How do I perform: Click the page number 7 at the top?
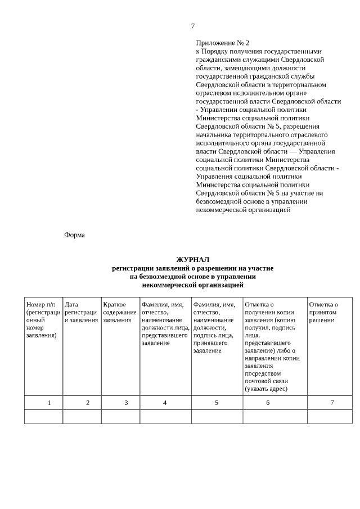point(192,26)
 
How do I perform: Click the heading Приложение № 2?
point(222,43)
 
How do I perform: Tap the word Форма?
point(74,235)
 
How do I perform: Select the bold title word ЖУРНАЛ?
point(192,260)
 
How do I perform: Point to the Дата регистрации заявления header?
point(82,312)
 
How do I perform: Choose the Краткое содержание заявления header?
point(120,312)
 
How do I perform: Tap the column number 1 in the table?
point(49,403)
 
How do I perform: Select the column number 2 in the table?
point(87,403)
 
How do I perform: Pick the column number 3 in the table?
point(126,403)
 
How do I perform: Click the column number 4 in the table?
point(165,403)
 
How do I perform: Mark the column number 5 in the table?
point(217,403)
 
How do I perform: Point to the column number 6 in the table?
point(268,403)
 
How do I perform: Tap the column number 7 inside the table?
point(332,403)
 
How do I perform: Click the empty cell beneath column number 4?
point(165,417)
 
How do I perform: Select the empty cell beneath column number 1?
point(43,417)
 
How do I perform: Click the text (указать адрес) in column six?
point(266,389)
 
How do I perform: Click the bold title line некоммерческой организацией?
point(192,285)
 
